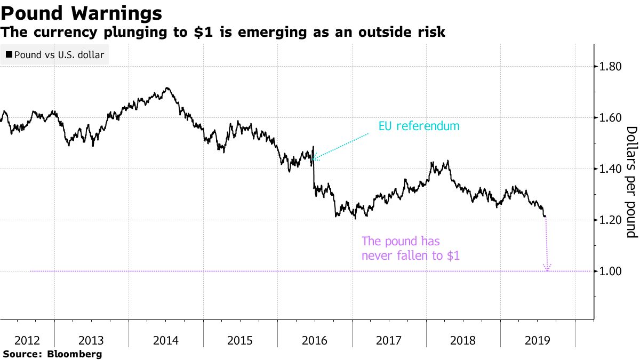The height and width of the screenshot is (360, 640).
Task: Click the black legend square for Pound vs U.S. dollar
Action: click(x=9, y=54)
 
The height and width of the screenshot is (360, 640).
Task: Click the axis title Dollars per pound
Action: click(x=631, y=182)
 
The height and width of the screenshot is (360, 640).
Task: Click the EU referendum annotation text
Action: click(x=419, y=126)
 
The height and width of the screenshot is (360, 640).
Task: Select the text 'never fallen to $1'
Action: click(x=410, y=255)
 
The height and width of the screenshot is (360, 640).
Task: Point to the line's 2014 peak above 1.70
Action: click(x=167, y=88)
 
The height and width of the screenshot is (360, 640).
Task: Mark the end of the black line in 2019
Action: click(x=545, y=217)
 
